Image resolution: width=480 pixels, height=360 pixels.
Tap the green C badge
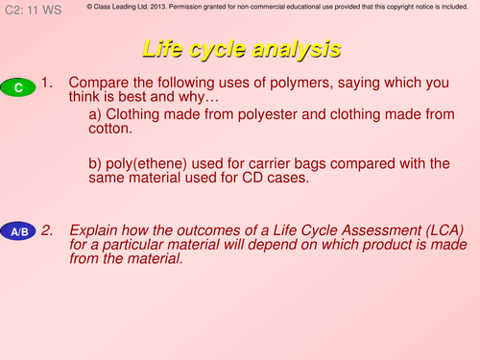[18, 88]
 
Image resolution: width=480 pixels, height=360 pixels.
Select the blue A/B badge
[19, 232]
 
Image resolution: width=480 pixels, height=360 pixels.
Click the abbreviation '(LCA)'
[439, 230]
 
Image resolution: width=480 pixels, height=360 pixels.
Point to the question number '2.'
[51, 230]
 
